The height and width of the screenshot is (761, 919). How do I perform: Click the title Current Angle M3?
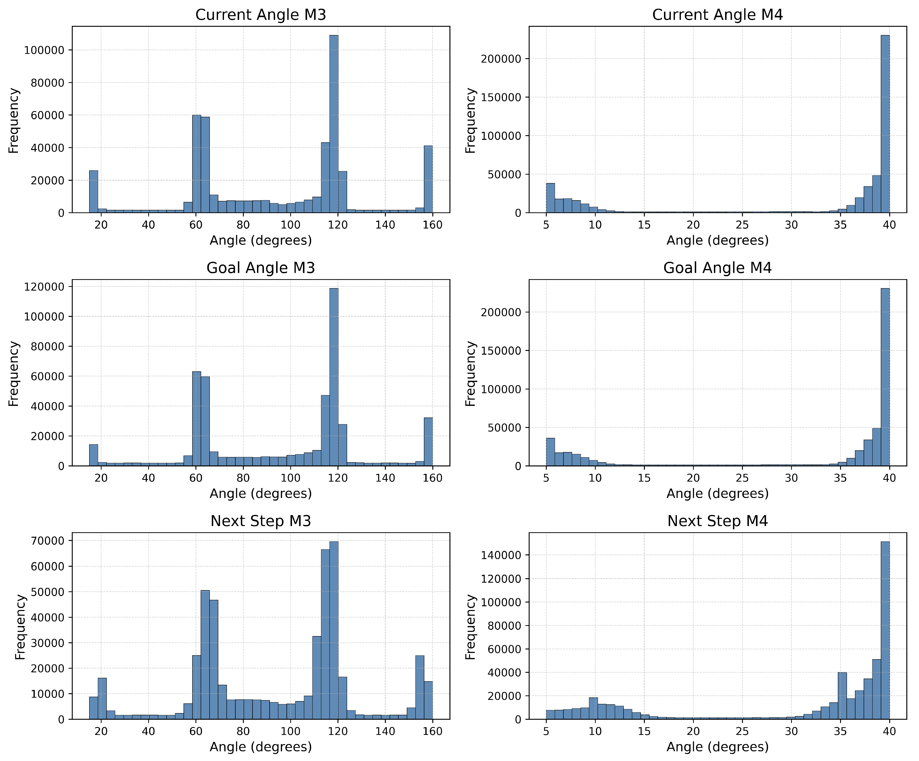click(x=260, y=15)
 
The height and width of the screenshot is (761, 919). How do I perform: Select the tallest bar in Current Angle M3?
click(x=333, y=125)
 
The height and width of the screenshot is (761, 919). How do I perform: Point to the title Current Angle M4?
click(x=717, y=15)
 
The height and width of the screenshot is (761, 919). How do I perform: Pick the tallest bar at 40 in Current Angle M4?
click(x=885, y=125)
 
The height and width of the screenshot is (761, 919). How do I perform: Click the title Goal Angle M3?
click(x=260, y=268)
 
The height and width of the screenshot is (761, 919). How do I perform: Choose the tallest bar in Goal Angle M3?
click(x=333, y=377)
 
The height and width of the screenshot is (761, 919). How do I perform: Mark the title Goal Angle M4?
click(x=717, y=268)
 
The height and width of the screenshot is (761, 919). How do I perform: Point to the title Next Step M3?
click(x=260, y=521)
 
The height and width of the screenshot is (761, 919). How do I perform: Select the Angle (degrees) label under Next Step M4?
click(x=717, y=747)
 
